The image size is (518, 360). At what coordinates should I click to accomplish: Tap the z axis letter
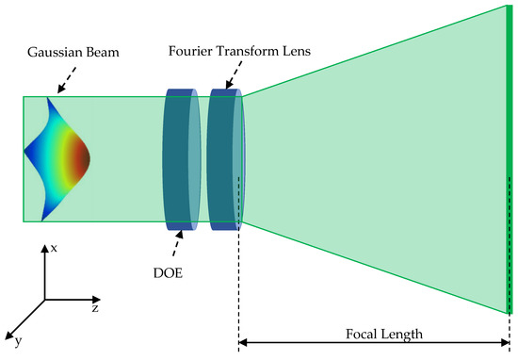(x=96, y=308)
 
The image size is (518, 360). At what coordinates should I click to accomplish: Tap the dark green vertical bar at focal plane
(x=510, y=160)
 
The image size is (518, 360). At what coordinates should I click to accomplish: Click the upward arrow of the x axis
(x=44, y=249)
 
